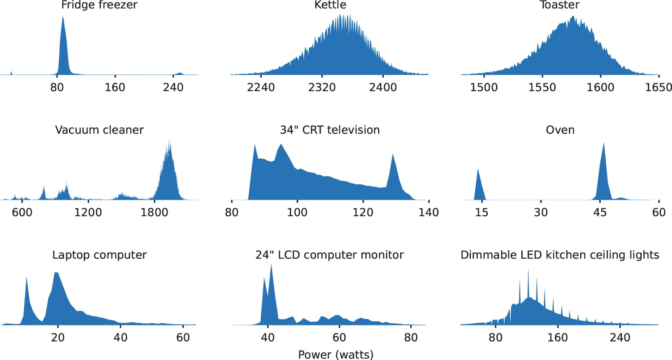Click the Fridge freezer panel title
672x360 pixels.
[99, 5]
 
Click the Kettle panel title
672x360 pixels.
[330, 5]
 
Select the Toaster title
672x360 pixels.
[559, 5]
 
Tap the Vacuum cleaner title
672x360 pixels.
[99, 130]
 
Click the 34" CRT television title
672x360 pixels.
[330, 130]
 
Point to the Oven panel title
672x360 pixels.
[560, 130]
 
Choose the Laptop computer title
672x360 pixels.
[99, 255]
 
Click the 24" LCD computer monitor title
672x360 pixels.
[329, 255]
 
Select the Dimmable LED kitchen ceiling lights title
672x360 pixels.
[560, 255]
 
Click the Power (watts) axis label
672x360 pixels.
[336, 354]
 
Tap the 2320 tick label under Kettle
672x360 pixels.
[322, 87]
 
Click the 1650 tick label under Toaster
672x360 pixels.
[658, 87]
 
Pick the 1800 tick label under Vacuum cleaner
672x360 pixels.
[154, 212]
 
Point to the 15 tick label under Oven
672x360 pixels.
[481, 212]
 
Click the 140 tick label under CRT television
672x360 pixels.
[428, 212]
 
